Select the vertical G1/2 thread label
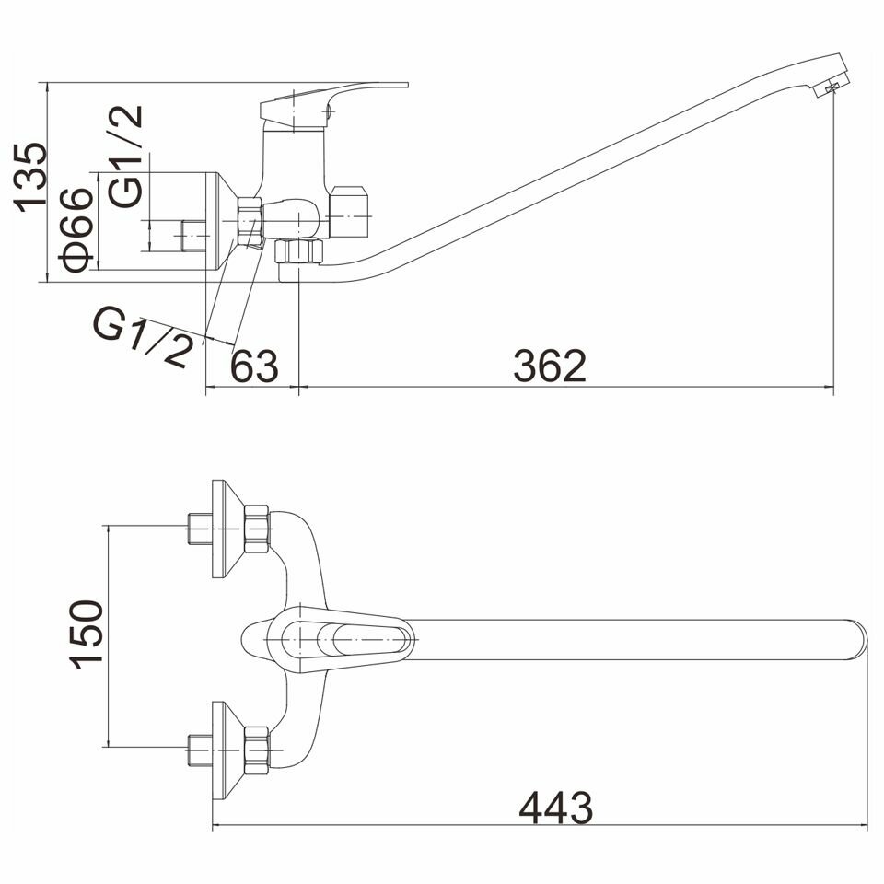(124, 157)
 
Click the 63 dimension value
(254, 366)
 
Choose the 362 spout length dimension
(550, 366)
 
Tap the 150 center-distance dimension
(87, 634)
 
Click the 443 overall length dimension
(556, 808)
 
